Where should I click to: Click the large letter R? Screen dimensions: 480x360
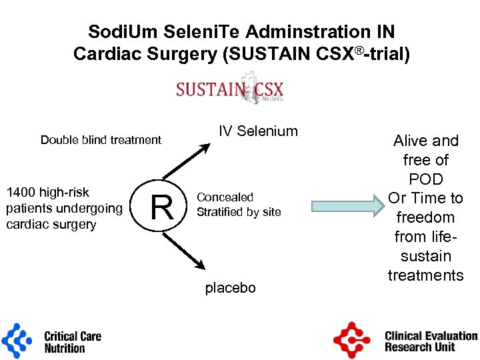pos(162,207)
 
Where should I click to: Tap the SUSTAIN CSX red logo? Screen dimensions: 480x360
pos(230,90)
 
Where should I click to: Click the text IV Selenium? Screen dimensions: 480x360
pos(259,131)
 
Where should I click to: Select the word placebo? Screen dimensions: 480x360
pos(230,288)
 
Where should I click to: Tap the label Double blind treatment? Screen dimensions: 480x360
pos(101,140)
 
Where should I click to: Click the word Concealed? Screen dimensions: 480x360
pos(225,197)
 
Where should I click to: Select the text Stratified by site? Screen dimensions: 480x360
pos(239,212)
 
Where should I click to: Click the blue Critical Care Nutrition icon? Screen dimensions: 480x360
pos(17,341)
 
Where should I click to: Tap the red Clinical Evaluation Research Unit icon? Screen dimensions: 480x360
pos(351,341)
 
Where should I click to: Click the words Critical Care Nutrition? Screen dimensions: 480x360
pos(73,342)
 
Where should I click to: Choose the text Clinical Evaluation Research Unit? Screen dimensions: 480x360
pos(431,341)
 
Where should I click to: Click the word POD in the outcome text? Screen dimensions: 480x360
pos(426,179)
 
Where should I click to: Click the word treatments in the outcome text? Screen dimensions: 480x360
pos(426,275)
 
